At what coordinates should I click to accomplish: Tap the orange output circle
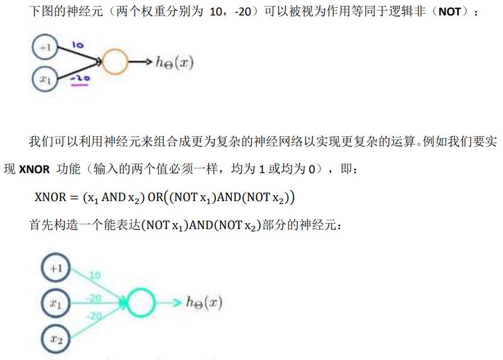pos(115,62)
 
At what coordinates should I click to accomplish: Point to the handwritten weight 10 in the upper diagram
pos(77,45)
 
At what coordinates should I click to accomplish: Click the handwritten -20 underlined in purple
pos(79,78)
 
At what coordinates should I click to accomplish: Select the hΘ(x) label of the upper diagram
pos(174,62)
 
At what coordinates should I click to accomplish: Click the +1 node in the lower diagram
pos(56,269)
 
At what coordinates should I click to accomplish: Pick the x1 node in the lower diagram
pos(56,304)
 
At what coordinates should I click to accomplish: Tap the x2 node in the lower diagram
pos(56,339)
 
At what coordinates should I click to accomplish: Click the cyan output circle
pos(143,303)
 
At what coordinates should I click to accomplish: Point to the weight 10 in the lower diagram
pos(95,276)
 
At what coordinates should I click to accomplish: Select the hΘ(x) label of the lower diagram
pos(203,303)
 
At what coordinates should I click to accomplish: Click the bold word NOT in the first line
pos(449,12)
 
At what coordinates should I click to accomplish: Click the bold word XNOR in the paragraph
pos(34,170)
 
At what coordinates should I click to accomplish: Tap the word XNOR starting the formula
pos(49,198)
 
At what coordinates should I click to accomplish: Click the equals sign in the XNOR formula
pos(74,198)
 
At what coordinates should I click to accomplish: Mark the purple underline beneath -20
pos(79,85)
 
